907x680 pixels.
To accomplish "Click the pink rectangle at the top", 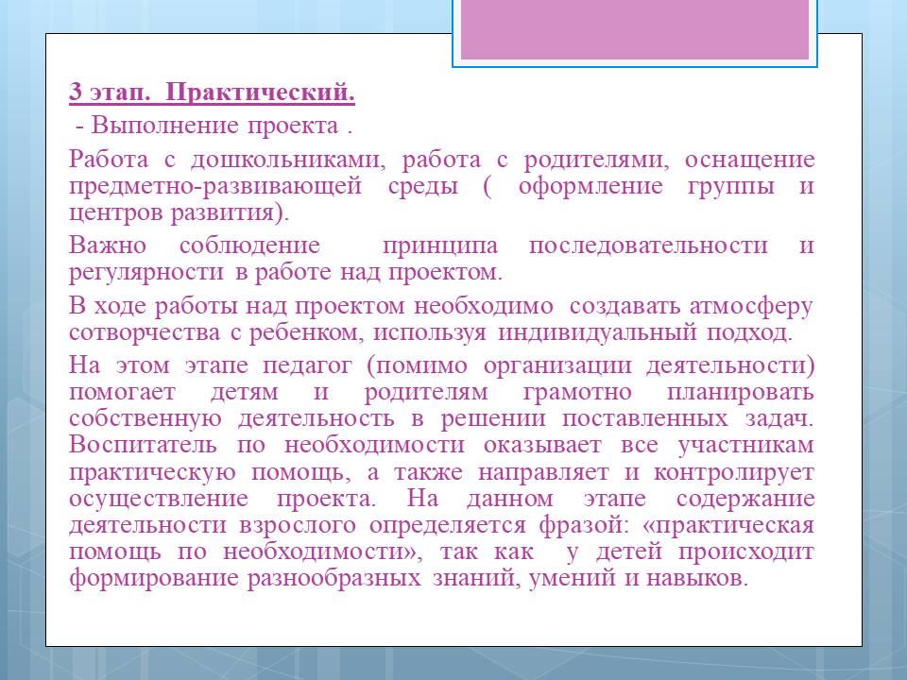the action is pos(635,29).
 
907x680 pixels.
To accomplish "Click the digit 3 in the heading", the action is pos(76,92).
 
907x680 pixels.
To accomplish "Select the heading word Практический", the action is pos(260,93).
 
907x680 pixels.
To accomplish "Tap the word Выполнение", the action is pos(164,126).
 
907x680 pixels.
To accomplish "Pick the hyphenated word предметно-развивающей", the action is pos(215,187).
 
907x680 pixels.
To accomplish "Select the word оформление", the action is pos(590,187).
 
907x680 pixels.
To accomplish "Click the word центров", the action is pos(116,213).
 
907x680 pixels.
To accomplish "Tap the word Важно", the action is pos(108,246).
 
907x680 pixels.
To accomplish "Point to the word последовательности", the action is pos(648,246).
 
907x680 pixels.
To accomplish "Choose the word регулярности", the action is pos(146,272).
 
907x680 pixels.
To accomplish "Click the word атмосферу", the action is pos(751,306).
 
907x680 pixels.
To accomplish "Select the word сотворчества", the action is pos(145,332).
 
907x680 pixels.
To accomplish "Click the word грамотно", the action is pos(576,392).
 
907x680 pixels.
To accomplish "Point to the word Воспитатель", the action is pos(143,445).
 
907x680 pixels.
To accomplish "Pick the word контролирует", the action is pos(733,472).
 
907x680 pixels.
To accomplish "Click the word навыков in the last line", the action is pos(697,578).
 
